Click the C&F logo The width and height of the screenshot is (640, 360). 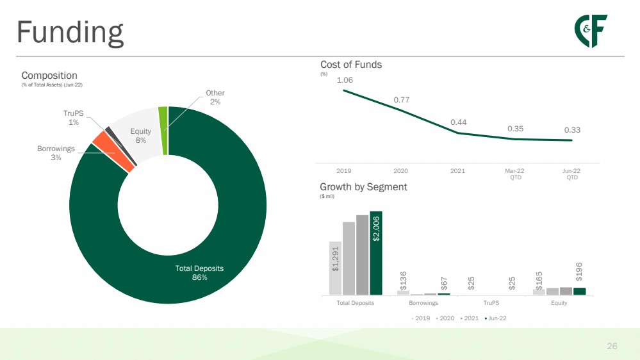(x=591, y=31)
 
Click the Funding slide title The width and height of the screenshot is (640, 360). (x=70, y=33)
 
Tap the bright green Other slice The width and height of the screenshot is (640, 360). (x=163, y=131)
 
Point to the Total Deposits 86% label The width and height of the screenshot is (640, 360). (x=199, y=273)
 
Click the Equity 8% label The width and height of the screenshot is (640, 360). (x=140, y=136)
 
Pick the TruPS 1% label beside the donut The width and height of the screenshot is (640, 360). (x=74, y=118)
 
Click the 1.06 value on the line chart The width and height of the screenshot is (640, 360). (x=345, y=80)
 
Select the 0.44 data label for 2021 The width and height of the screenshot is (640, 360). (x=458, y=122)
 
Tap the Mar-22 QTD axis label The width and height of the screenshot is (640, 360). (x=514, y=174)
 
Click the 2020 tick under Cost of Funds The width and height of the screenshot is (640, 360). (x=400, y=171)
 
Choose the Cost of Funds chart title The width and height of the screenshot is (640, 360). (x=351, y=65)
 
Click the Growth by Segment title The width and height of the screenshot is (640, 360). (x=363, y=187)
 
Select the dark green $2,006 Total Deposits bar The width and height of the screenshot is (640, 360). (x=376, y=253)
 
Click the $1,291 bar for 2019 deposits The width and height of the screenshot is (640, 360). (x=335, y=268)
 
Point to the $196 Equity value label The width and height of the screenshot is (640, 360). (x=578, y=272)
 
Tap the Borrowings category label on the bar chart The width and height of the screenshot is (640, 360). (x=423, y=303)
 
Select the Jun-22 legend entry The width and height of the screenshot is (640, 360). (x=495, y=318)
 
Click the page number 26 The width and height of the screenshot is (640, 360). (x=612, y=346)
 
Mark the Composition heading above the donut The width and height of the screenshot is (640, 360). (x=49, y=76)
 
